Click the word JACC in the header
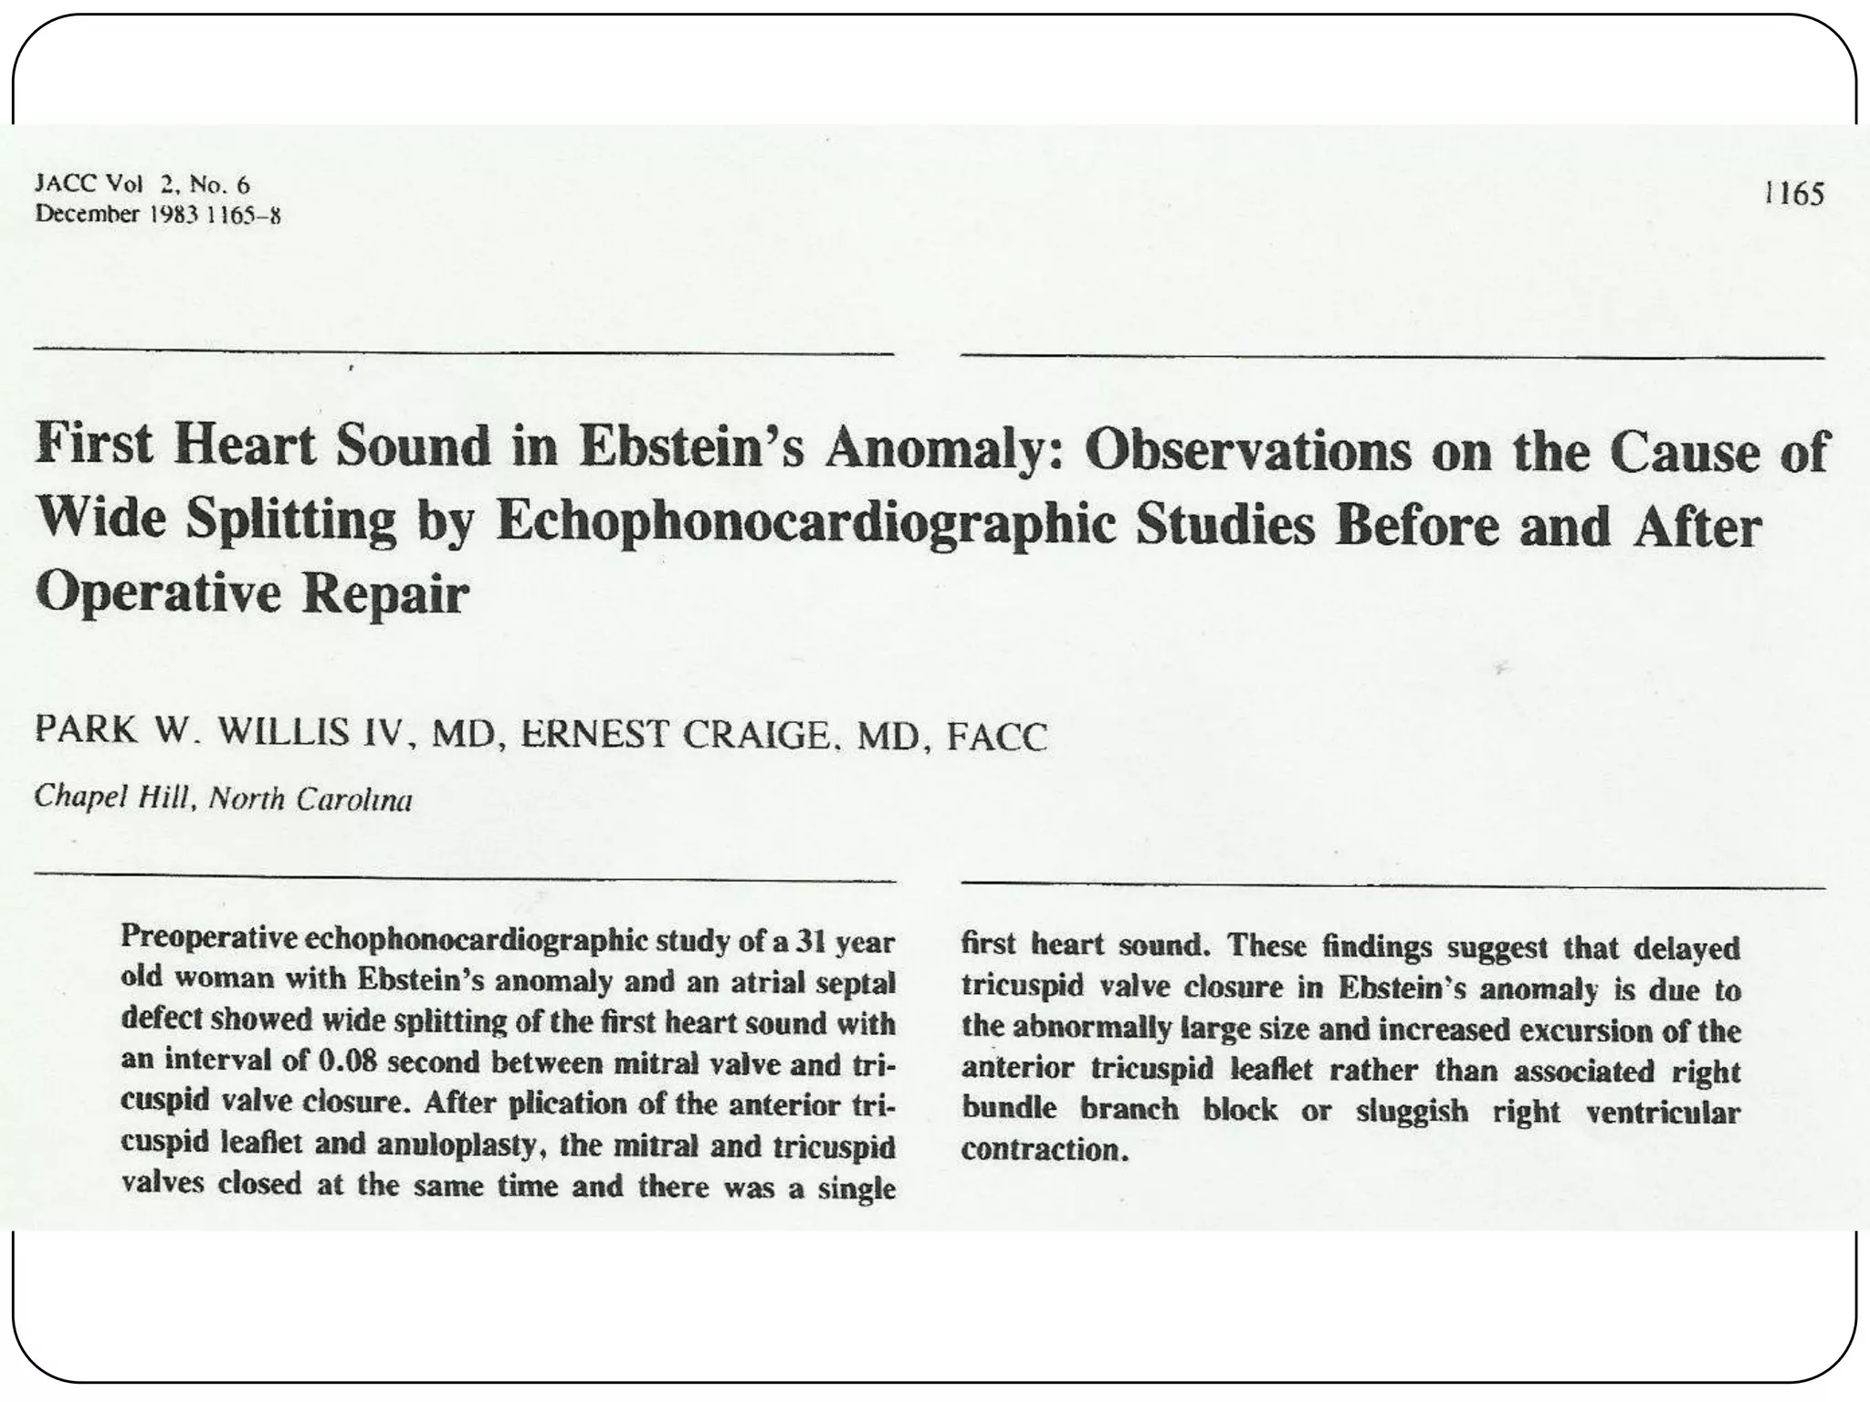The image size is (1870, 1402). [x=64, y=184]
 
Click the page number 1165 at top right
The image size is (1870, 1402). [x=1793, y=194]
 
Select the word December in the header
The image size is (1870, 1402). [x=86, y=214]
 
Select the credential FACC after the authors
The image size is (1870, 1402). [x=996, y=737]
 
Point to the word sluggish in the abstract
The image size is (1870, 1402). [x=1413, y=1112]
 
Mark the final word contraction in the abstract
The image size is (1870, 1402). [x=1040, y=1149]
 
